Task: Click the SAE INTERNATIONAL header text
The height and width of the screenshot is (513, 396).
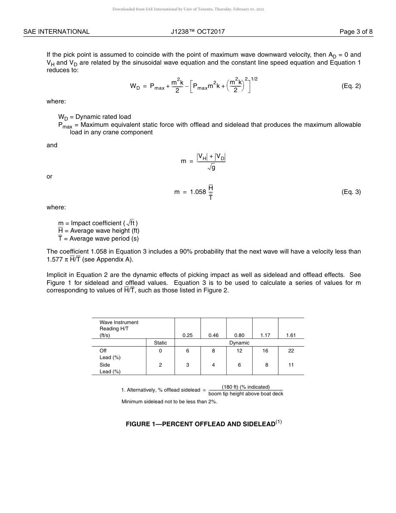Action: (x=56, y=32)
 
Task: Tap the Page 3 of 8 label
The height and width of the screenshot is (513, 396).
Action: (x=356, y=32)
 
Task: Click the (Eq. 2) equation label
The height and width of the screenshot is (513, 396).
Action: (x=351, y=86)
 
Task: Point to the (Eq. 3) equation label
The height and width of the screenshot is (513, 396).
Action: (x=351, y=192)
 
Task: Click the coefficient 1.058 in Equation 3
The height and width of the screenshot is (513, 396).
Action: (x=198, y=192)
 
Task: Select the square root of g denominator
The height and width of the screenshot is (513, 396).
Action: (x=211, y=168)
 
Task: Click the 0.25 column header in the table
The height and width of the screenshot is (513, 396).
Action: (x=188, y=335)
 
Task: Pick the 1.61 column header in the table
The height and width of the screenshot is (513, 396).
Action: (x=291, y=335)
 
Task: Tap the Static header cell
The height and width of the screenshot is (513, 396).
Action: (x=160, y=343)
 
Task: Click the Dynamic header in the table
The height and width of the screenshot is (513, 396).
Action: (x=239, y=343)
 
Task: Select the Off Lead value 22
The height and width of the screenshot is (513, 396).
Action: (x=291, y=351)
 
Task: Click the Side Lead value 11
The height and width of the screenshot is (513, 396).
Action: (x=291, y=365)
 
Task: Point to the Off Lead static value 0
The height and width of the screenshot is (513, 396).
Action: (x=160, y=351)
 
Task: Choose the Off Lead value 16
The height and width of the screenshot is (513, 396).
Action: (x=265, y=351)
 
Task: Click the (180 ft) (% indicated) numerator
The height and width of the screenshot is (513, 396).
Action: (x=246, y=387)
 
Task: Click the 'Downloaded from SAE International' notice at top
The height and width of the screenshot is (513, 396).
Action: (x=188, y=9)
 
